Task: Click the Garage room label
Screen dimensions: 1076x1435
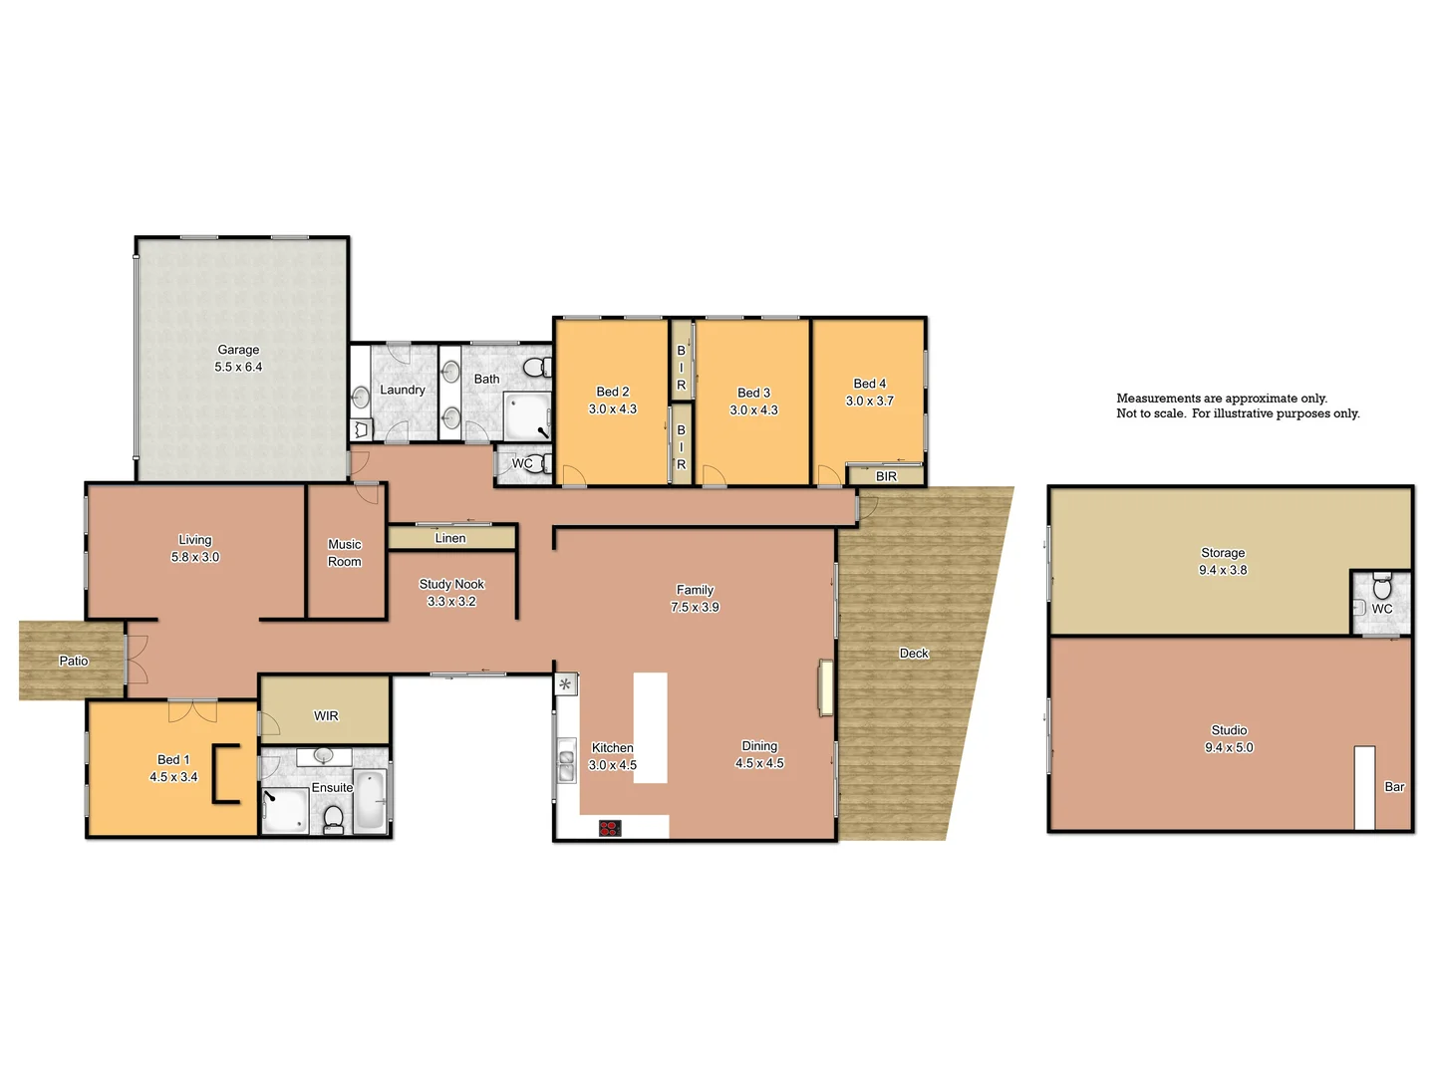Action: pyautogui.click(x=238, y=350)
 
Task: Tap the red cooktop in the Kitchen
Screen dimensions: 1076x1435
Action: pyautogui.click(x=610, y=828)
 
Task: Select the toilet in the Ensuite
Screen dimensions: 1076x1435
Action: pyautogui.click(x=334, y=819)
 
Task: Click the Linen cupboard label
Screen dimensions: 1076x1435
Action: pyautogui.click(x=450, y=538)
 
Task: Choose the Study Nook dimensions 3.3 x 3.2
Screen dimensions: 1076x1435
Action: pyautogui.click(x=451, y=602)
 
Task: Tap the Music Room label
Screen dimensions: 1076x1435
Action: pyautogui.click(x=345, y=553)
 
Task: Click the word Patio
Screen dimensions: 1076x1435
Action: pyautogui.click(x=74, y=661)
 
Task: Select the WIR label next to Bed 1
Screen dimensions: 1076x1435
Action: pyautogui.click(x=326, y=715)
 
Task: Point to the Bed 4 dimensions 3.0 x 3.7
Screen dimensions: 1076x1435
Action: pyautogui.click(x=870, y=401)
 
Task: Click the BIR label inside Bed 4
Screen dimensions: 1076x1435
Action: pyautogui.click(x=886, y=476)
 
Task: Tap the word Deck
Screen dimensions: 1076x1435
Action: pyautogui.click(x=914, y=654)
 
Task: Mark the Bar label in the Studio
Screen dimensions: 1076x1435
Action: pyautogui.click(x=1394, y=787)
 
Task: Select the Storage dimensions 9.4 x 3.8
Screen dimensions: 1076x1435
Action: pyautogui.click(x=1223, y=570)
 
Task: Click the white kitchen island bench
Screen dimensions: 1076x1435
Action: pyautogui.click(x=650, y=727)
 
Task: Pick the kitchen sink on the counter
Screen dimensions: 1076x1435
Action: pyautogui.click(x=566, y=761)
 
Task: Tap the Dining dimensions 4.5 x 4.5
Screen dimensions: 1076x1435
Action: pyautogui.click(x=759, y=763)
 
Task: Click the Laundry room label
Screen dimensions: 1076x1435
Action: pyautogui.click(x=403, y=390)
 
